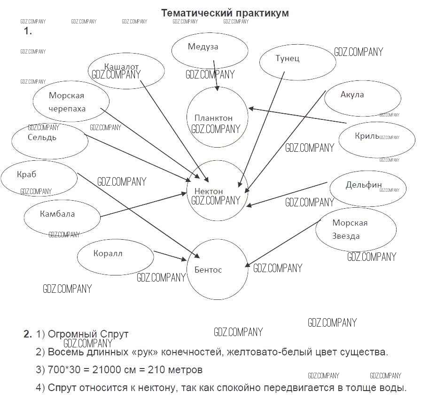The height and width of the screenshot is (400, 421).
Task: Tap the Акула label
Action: click(x=352, y=94)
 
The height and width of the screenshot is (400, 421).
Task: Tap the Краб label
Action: click(x=26, y=174)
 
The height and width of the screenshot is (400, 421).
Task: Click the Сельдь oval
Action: click(x=49, y=140)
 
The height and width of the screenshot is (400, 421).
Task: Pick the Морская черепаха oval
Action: click(x=71, y=102)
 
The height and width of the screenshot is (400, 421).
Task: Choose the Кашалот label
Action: click(x=121, y=67)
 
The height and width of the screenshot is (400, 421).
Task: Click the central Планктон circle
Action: click(x=217, y=117)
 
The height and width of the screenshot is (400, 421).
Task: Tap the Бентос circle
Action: click(x=217, y=269)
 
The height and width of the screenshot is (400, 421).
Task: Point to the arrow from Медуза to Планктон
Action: click(x=215, y=75)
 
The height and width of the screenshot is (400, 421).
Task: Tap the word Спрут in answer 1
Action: click(x=113, y=334)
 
